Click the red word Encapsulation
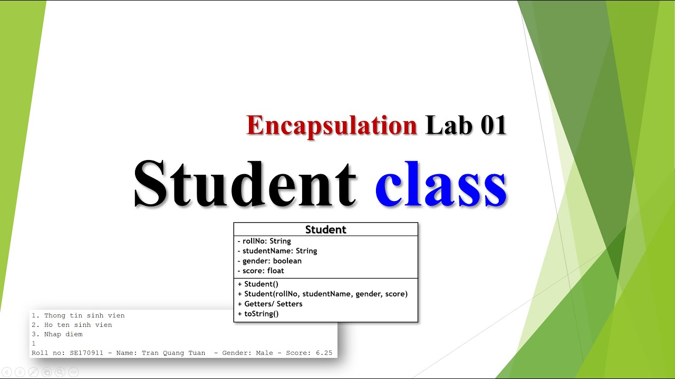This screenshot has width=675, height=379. pyautogui.click(x=332, y=126)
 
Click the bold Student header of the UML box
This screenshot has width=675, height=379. pyautogui.click(x=325, y=230)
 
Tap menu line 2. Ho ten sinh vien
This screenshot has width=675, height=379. pyautogui.click(x=72, y=325)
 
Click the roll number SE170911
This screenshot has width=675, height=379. pyautogui.click(x=86, y=353)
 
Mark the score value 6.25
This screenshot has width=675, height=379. pyautogui.click(x=324, y=353)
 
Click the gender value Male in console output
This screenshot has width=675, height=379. pyautogui.click(x=264, y=353)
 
